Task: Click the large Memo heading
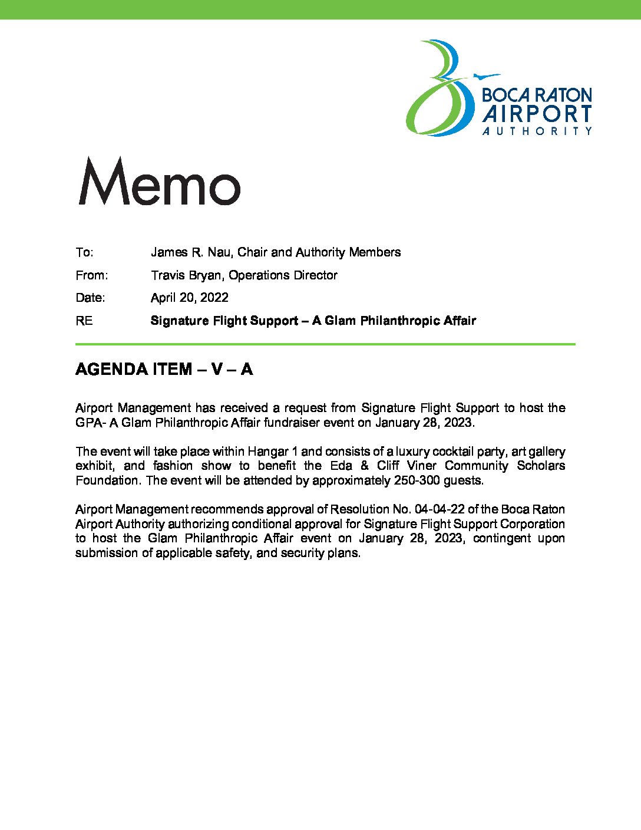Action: coord(159,182)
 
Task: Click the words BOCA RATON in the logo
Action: coord(537,95)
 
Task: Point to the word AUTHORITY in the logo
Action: coord(537,131)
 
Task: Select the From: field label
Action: coord(91,275)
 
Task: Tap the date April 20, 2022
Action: coord(189,298)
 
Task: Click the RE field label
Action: coord(84,321)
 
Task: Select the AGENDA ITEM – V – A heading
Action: coord(164,369)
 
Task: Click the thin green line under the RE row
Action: coord(325,344)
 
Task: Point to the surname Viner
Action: coord(421,466)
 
